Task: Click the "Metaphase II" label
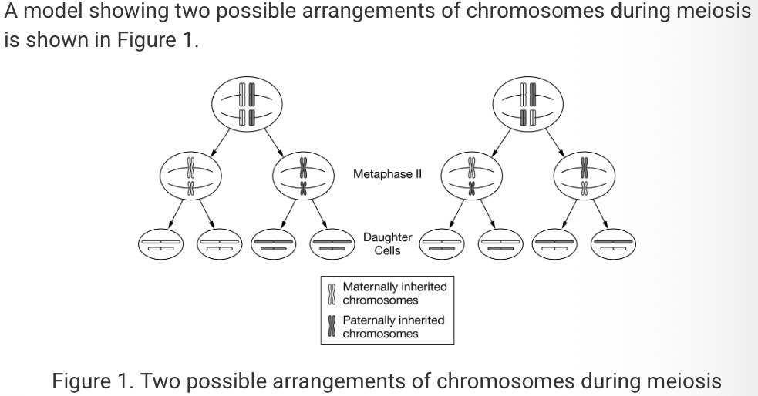coord(387,174)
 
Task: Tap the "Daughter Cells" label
coord(387,243)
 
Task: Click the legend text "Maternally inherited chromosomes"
coord(394,293)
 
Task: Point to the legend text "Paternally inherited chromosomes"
coord(393,327)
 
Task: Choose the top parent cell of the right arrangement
coord(530,106)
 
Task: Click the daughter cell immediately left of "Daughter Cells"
coord(333,244)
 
